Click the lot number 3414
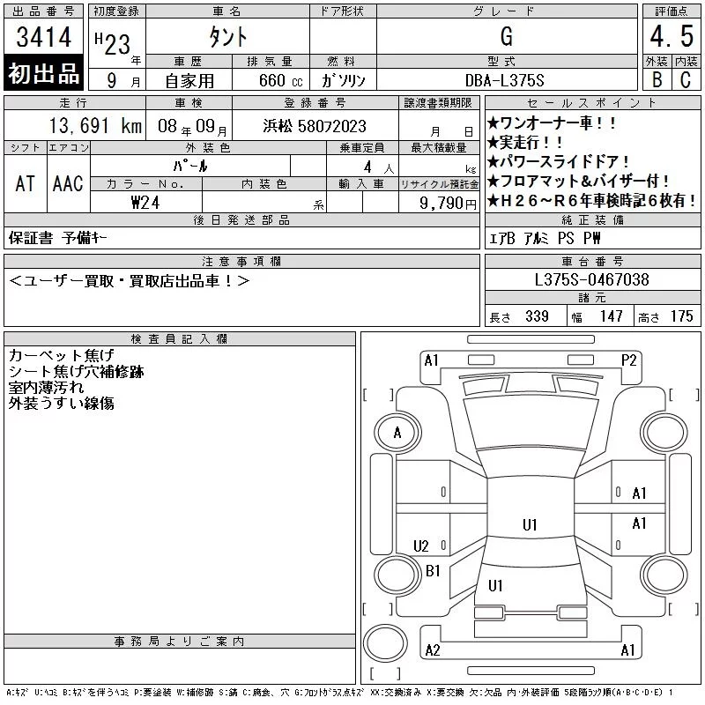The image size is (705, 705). [x=43, y=37]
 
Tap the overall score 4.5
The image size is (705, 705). [x=672, y=36]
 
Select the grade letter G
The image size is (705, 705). [x=507, y=36]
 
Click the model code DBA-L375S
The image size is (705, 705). [x=504, y=80]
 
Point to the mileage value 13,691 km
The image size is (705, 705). [x=95, y=126]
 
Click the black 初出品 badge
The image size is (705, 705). [x=43, y=72]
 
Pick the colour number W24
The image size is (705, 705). [x=145, y=203]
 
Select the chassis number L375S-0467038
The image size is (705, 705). [x=591, y=279]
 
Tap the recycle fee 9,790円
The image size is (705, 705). [x=448, y=204]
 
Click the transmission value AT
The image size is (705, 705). [x=26, y=183]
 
